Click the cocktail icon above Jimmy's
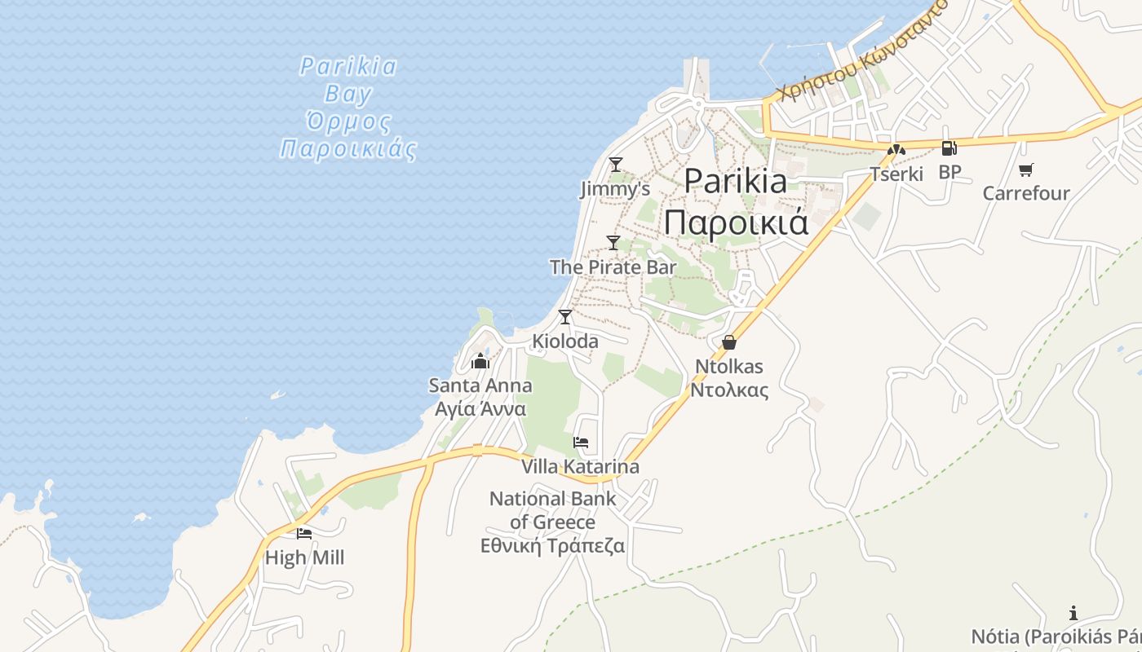(616, 165)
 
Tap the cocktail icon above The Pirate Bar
(613, 242)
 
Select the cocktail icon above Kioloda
(564, 317)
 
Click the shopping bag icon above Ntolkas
(729, 342)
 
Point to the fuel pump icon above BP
(949, 148)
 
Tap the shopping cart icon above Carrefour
(1025, 170)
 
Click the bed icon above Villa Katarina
(581, 443)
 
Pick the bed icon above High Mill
(304, 534)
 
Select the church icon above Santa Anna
(480, 361)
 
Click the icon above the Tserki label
(896, 150)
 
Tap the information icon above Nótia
(1073, 613)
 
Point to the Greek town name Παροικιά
(736, 221)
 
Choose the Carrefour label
(1026, 193)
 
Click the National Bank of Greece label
(553, 510)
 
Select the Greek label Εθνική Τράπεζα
(553, 546)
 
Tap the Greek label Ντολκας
(729, 390)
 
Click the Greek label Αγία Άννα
(480, 409)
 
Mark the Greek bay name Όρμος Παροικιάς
(348, 136)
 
